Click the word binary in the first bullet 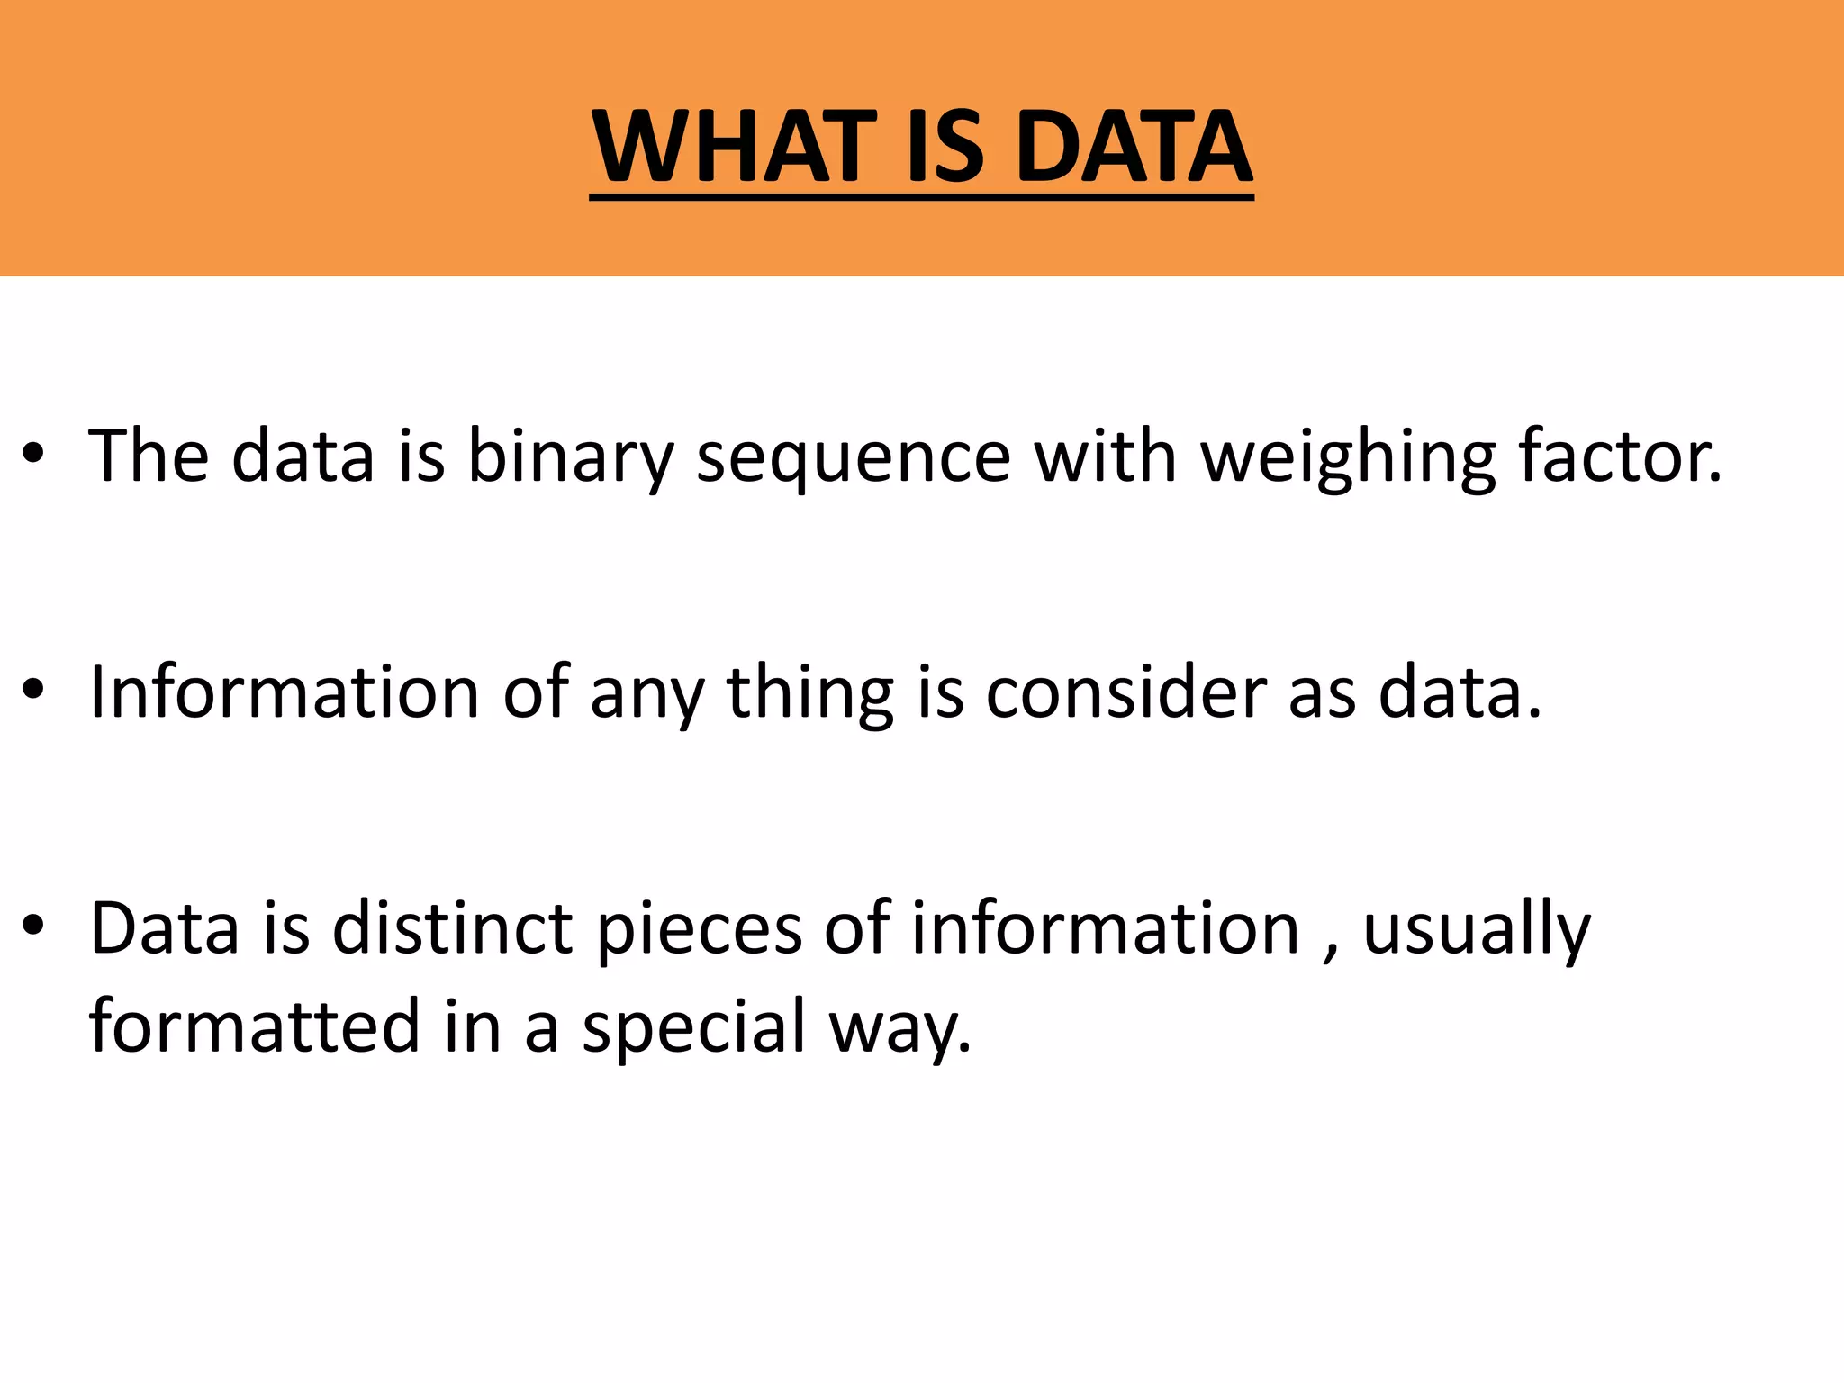[x=570, y=457]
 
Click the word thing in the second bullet [x=810, y=693]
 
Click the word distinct [x=452, y=928]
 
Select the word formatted [x=255, y=1026]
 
